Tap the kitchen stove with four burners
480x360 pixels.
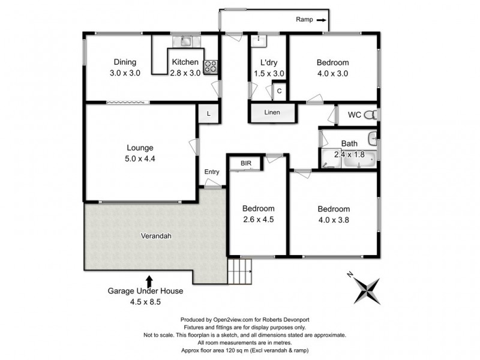coord(211,67)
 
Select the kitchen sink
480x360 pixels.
coord(184,41)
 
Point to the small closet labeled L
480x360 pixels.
coord(208,114)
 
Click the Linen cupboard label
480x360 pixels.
coord(272,113)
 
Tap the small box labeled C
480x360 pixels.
coord(279,92)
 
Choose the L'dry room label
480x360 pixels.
coord(268,62)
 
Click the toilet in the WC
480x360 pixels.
coord(373,115)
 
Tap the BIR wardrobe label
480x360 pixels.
coord(246,163)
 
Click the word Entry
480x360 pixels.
coord(212,172)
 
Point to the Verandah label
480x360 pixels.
coord(156,236)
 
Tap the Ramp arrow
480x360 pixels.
coord(322,20)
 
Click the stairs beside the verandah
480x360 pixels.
coord(240,272)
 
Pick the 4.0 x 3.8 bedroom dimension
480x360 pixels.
coord(333,220)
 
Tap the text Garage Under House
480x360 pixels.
coord(145,291)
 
